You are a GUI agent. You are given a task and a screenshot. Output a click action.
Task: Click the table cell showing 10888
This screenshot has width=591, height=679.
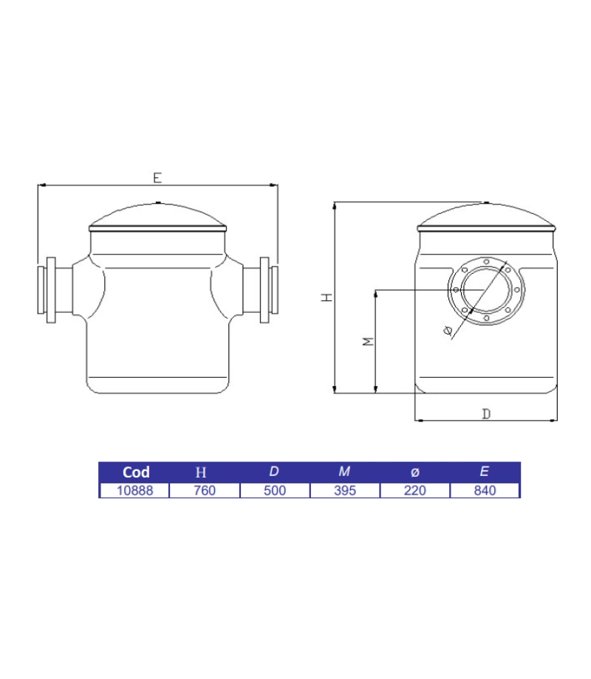134,491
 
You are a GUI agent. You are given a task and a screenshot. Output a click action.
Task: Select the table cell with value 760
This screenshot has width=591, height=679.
204,491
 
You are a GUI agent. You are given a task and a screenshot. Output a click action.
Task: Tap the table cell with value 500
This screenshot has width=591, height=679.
274,491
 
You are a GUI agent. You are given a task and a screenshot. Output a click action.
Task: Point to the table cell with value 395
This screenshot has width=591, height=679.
344,491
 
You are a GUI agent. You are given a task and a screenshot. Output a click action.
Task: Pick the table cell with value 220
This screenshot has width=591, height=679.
414,491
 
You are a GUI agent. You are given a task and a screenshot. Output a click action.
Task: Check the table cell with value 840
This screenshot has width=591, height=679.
485,491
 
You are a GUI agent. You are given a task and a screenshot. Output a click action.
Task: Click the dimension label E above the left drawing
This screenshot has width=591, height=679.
157,178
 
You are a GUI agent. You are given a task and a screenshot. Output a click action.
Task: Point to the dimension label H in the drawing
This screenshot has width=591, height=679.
326,297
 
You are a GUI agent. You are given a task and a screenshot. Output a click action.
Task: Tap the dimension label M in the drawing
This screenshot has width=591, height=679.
369,341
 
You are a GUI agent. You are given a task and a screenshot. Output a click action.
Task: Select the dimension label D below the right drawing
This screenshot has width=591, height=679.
486,414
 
